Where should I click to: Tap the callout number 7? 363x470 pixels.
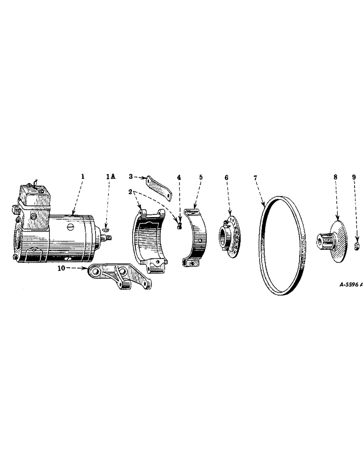tap(255, 177)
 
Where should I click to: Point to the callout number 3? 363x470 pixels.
tap(131, 177)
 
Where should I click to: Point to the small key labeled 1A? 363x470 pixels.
tap(106, 230)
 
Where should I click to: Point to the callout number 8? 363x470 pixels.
tap(335, 177)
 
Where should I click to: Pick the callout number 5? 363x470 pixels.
tap(201, 177)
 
